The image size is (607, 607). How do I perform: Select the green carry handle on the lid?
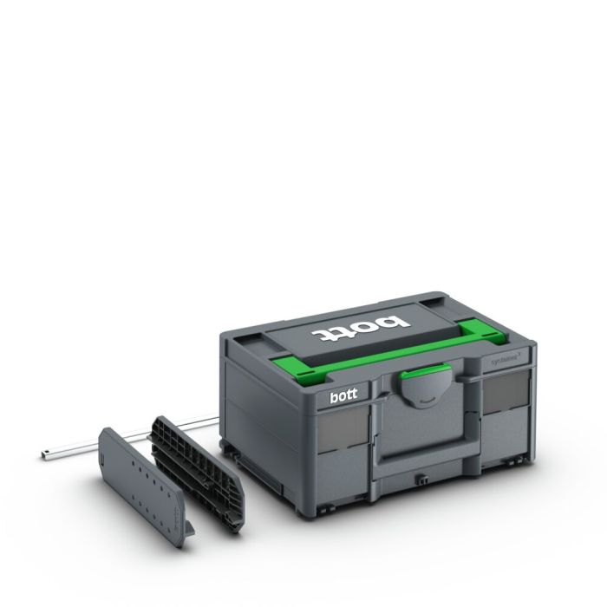point(382,353)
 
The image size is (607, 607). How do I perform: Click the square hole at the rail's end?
point(46,454)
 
